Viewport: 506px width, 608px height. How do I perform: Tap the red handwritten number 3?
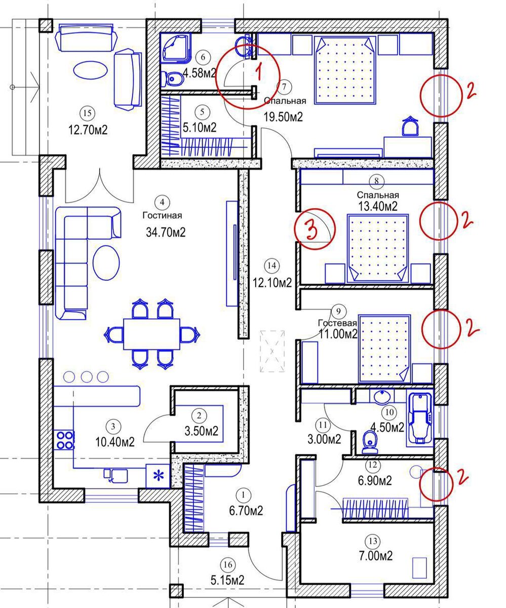pos(310,230)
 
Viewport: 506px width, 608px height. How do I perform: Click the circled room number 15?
pos(87,112)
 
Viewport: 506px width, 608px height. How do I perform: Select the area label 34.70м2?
pos(166,233)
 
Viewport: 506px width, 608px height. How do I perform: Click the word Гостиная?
pos(162,215)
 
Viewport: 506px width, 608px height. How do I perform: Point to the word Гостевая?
pos(338,323)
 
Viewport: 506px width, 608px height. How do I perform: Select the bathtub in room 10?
pos(419,419)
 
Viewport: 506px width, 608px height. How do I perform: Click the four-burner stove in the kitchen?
pos(64,440)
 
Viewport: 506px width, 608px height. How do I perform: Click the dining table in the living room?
pos(151,334)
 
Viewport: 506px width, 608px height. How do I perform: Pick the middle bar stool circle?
pos(87,377)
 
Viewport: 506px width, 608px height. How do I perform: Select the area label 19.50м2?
pos(283,117)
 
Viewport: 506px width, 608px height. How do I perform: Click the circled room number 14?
pos(271,265)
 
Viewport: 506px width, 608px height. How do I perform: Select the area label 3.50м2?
pos(202,431)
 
